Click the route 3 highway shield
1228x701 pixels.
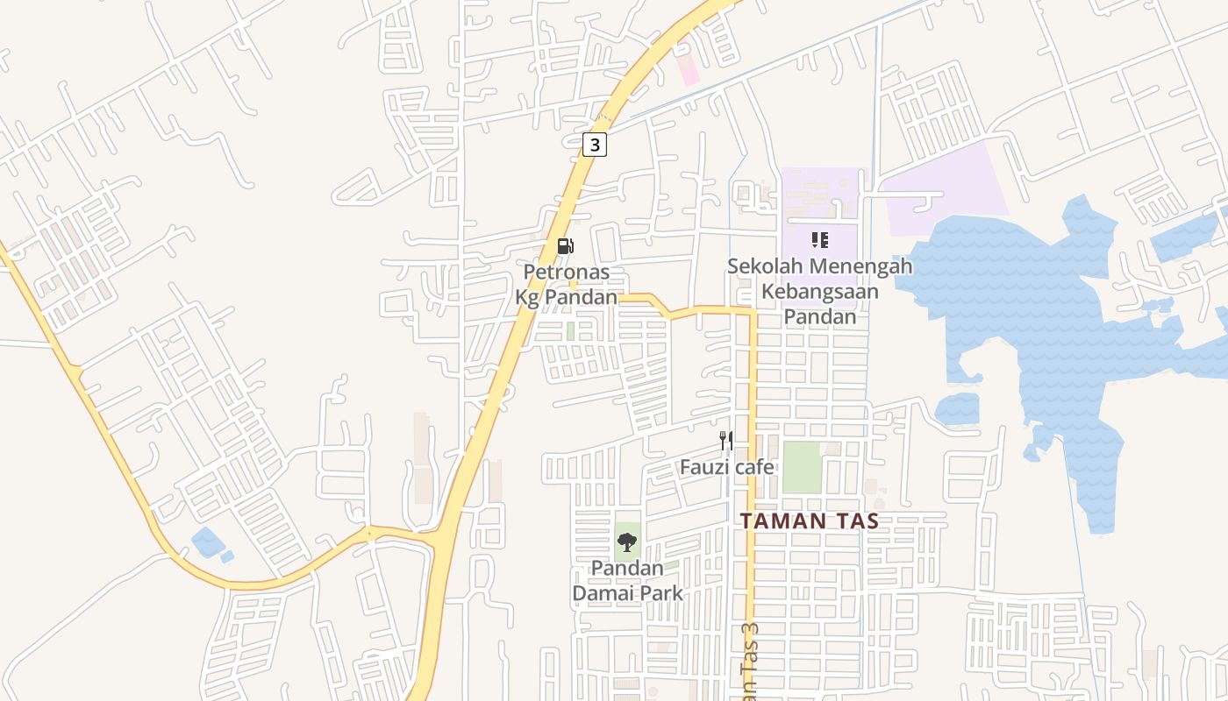595,145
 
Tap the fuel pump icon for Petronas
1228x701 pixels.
566,246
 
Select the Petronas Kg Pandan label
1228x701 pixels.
567,285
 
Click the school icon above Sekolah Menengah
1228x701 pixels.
819,239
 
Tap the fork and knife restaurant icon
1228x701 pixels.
725,440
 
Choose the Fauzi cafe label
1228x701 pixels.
727,467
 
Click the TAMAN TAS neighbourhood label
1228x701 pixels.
810,520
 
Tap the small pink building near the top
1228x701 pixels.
689,70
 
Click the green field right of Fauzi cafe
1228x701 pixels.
802,467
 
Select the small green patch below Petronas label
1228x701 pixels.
570,331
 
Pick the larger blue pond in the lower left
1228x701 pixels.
207,542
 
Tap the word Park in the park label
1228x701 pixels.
664,593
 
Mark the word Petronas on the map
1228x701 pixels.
567,273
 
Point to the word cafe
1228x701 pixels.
754,467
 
